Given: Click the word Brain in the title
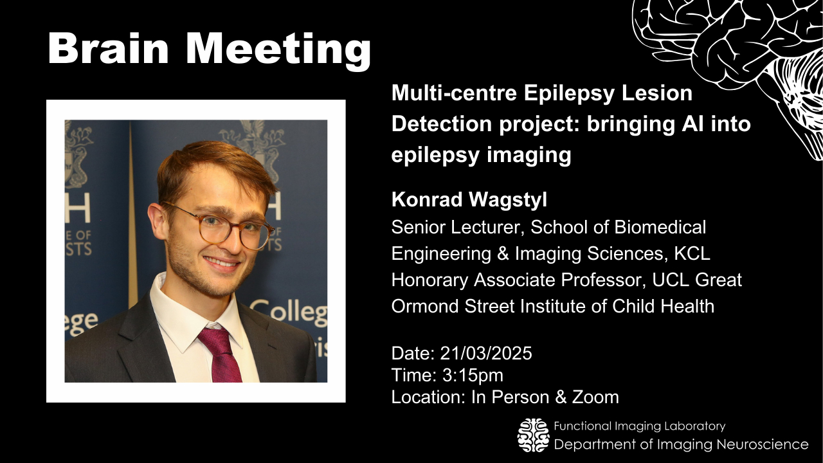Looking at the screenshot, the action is coord(108,48).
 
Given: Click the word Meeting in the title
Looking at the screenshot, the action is coord(278,51).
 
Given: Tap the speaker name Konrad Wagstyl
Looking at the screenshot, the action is coord(469,200).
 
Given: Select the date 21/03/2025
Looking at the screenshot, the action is coord(485,353).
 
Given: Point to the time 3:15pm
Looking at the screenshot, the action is coord(473,375).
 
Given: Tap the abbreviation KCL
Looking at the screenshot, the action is coord(692,253).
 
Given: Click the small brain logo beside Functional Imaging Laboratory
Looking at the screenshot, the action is coord(534,435).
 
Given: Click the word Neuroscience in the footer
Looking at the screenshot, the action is coord(763,444).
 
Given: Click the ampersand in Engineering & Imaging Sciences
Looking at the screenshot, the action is coord(503,253).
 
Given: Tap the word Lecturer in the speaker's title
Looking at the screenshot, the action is coord(485,227).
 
